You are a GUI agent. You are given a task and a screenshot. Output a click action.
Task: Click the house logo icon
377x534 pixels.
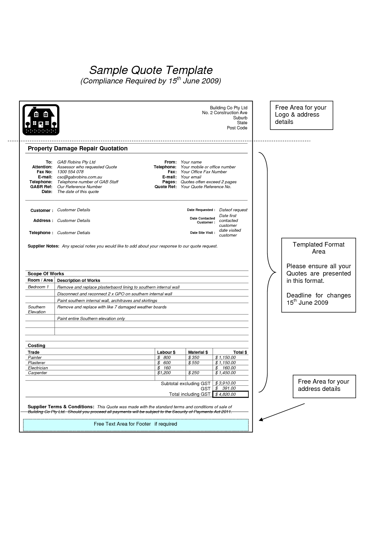pyautogui.click(x=41, y=120)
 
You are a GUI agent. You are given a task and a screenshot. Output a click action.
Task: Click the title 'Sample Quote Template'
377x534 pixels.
pyautogui.click(x=151, y=70)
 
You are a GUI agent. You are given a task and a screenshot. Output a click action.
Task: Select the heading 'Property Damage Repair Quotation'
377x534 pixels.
pyautogui.click(x=78, y=149)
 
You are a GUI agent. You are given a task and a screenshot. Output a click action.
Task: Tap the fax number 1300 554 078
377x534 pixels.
pyautogui.click(x=70, y=172)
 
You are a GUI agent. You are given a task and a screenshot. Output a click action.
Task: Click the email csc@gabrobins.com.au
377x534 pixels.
pyautogui.click(x=79, y=177)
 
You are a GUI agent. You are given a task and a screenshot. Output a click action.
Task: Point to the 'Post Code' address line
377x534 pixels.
pyautogui.click(x=237, y=128)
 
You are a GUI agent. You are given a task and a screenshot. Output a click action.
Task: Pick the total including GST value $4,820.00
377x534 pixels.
pyautogui.click(x=226, y=395)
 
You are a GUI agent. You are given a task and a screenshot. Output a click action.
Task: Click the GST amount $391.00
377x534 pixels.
pyautogui.click(x=226, y=388)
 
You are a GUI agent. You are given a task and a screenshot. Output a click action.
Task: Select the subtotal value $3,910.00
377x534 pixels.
pyautogui.click(x=226, y=383)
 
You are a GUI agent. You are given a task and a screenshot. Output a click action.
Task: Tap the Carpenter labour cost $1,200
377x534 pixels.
pyautogui.click(x=164, y=373)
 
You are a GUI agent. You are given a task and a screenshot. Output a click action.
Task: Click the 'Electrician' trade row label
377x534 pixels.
pyautogui.click(x=38, y=368)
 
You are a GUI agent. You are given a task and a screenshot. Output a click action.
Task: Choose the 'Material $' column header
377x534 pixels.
pyautogui.click(x=198, y=352)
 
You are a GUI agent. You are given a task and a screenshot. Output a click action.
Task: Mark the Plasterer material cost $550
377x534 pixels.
pyautogui.click(x=194, y=363)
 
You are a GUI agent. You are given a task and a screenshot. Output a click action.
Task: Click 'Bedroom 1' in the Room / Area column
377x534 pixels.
pyautogui.click(x=38, y=287)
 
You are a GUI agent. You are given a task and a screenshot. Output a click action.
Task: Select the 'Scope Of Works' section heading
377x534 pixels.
pyautogui.click(x=46, y=274)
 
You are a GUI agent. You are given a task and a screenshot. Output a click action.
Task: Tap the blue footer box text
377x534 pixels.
pyautogui.click(x=135, y=424)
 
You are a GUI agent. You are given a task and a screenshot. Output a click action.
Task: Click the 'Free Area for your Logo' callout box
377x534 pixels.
pyautogui.click(x=301, y=115)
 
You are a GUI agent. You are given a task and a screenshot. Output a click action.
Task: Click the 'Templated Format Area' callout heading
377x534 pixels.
pyautogui.click(x=318, y=248)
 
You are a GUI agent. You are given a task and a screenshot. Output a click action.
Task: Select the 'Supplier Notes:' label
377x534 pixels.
pyautogui.click(x=43, y=246)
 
